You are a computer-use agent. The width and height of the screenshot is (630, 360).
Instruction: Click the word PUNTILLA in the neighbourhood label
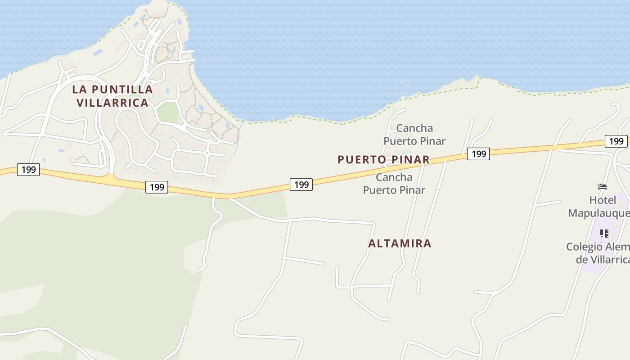(x=123, y=90)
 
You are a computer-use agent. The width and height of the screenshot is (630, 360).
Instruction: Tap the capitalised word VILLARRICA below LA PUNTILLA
(x=112, y=103)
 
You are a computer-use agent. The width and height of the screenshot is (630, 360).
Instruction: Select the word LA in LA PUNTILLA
(x=79, y=90)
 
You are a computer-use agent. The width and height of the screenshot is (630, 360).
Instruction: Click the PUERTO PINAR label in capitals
(x=383, y=160)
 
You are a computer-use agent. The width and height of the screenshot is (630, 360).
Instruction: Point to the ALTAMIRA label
(x=400, y=243)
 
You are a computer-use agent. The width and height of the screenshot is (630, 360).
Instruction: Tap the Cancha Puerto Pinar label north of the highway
(x=414, y=135)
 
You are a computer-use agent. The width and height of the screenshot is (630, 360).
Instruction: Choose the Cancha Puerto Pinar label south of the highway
(x=394, y=184)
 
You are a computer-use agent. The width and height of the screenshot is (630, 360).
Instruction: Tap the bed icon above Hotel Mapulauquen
(x=603, y=187)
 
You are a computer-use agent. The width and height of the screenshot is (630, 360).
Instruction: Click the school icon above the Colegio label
(x=604, y=234)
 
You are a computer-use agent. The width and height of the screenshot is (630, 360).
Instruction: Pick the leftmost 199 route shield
(x=28, y=170)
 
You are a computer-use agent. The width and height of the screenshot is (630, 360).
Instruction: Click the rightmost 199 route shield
(x=616, y=141)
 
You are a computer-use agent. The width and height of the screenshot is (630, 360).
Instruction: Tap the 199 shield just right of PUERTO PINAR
(x=478, y=154)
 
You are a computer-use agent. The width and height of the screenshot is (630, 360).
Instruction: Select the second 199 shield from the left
(x=157, y=187)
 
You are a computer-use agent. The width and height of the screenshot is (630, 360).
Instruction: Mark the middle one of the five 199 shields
(x=301, y=184)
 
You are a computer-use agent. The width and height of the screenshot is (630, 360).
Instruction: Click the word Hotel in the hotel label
(x=603, y=200)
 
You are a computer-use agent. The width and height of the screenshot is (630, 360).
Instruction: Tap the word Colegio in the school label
(x=584, y=247)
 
